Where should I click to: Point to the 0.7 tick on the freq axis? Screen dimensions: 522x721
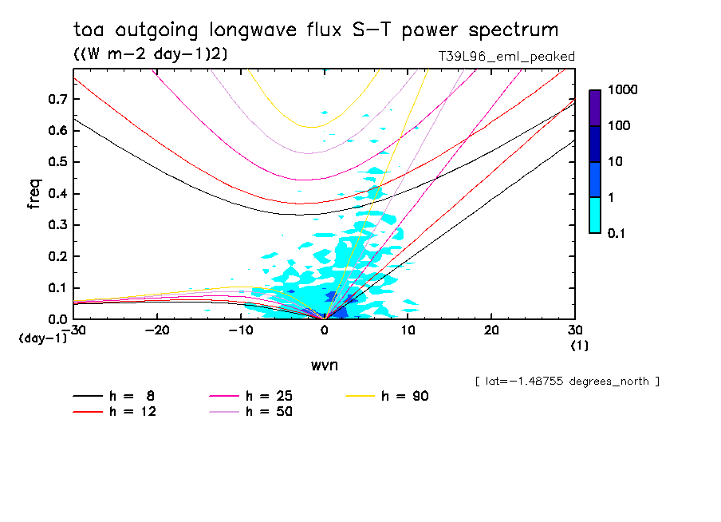(x=57, y=99)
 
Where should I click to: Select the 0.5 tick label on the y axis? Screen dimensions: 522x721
(x=57, y=162)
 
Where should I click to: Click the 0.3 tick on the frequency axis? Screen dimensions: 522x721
(x=57, y=225)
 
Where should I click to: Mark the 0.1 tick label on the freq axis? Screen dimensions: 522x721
(x=57, y=288)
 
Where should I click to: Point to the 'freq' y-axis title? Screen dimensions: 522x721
(x=34, y=194)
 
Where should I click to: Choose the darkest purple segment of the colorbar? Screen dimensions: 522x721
(x=595, y=108)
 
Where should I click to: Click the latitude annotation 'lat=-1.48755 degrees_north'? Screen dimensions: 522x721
(x=566, y=382)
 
